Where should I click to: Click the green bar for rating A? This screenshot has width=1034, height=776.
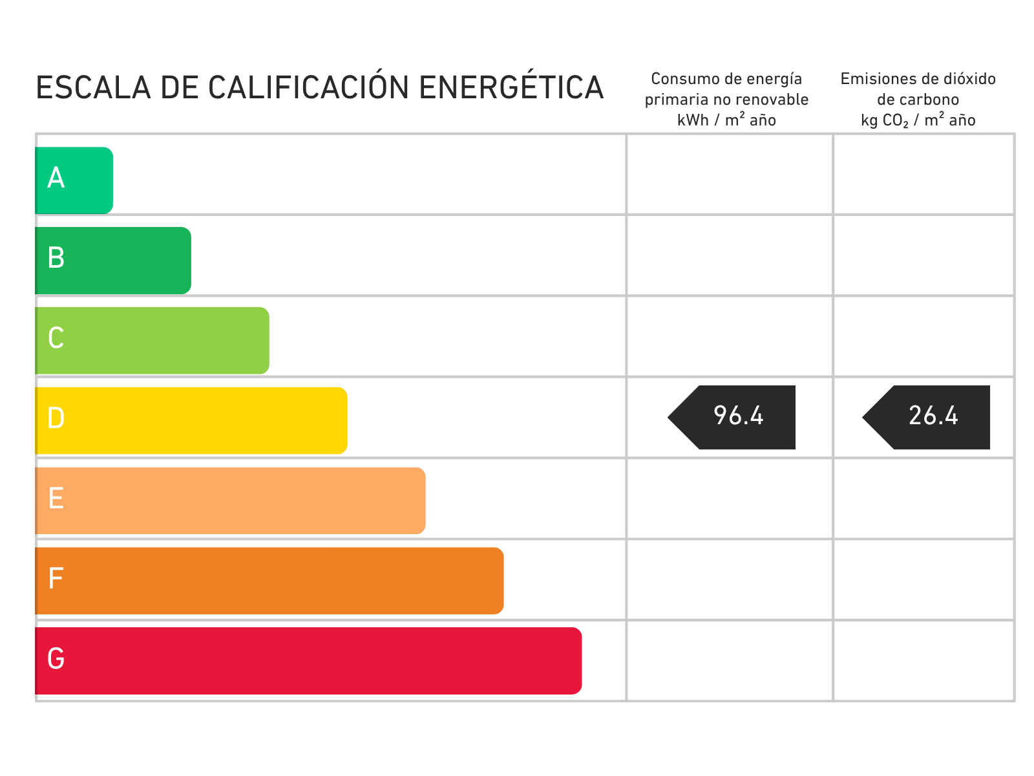[74, 180]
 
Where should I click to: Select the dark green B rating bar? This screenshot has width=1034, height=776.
[113, 261]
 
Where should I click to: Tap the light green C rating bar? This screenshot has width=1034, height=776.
[152, 341]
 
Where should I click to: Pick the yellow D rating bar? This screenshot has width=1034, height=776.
[191, 421]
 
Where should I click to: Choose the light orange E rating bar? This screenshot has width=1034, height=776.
[230, 501]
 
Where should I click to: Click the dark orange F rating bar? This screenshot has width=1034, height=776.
[269, 581]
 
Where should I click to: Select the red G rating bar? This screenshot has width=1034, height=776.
[308, 661]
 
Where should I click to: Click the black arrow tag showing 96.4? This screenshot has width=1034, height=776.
[732, 418]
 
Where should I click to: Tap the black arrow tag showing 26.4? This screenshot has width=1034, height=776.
[926, 418]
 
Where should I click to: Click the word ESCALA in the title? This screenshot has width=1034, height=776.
[93, 88]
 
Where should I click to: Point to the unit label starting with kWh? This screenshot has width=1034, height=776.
[726, 120]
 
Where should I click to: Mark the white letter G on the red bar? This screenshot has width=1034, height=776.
[56, 658]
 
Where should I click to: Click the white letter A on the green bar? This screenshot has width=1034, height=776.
[56, 178]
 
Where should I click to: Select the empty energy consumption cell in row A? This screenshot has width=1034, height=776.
[730, 175]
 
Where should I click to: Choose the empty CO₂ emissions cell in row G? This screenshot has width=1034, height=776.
[923, 660]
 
